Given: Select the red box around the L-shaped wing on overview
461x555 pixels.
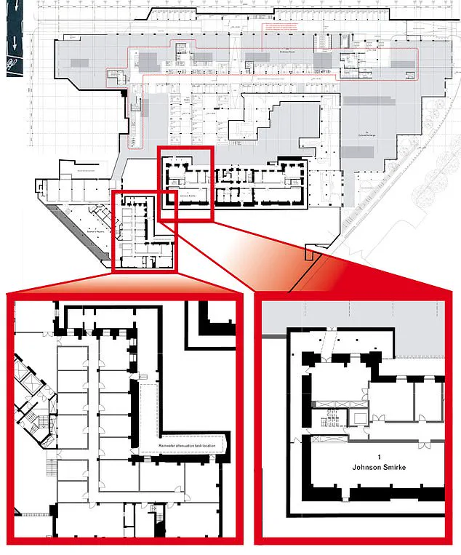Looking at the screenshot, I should pos(145,231).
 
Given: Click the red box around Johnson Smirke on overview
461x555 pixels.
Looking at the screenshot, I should pos(185,183).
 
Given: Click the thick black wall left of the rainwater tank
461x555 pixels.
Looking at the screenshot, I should pos(134,415).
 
